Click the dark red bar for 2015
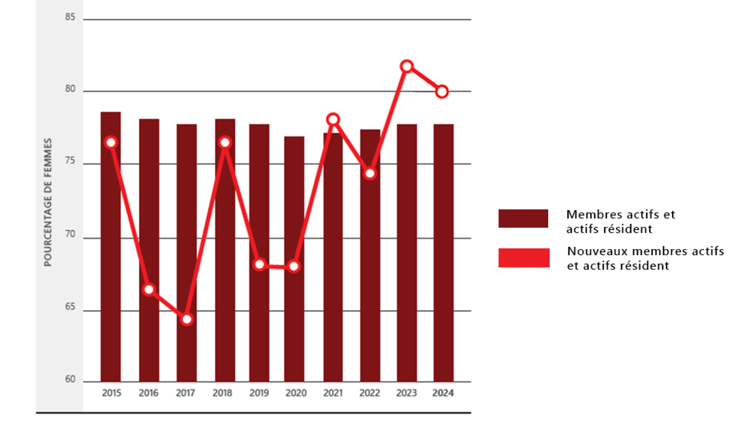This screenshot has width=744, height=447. click(x=111, y=261)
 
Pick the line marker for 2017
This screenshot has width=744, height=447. click(x=187, y=319)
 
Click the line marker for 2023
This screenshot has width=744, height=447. click(x=407, y=66)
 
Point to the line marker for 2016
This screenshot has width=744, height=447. click(x=149, y=290)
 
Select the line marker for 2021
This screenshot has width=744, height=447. click(x=333, y=119)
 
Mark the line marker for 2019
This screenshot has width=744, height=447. click(x=259, y=264)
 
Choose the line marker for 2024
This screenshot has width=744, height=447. click(x=442, y=92)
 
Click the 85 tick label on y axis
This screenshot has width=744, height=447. click(x=70, y=17)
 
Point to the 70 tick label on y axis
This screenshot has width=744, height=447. click(x=70, y=234)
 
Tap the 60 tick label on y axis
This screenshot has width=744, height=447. click(x=70, y=379)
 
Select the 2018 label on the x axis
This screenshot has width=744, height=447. click(x=222, y=393)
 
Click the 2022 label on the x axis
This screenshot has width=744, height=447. click(x=370, y=393)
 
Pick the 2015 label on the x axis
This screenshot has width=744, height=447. click(x=112, y=393)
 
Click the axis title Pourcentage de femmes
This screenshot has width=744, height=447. click(x=47, y=202)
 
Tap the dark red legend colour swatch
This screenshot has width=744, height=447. click(x=523, y=218)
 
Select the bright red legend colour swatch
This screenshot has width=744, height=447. click(x=524, y=258)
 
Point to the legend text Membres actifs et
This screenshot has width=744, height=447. click(x=620, y=215)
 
